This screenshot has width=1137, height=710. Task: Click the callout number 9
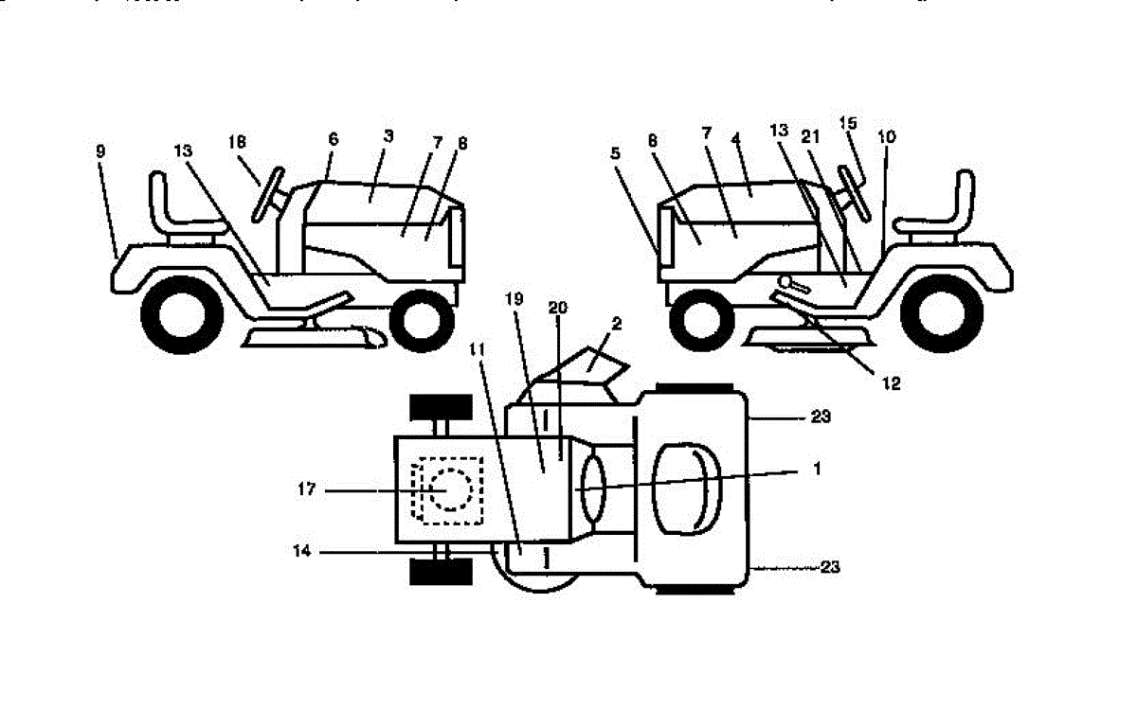click(x=100, y=151)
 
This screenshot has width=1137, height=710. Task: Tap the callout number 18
click(x=237, y=141)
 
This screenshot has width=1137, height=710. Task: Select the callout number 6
click(x=333, y=138)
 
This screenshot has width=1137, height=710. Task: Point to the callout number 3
click(x=388, y=136)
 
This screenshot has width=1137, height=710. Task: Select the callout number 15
click(x=848, y=123)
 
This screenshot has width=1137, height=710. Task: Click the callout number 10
click(x=886, y=136)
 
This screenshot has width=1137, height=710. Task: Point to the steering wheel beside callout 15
click(x=852, y=194)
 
